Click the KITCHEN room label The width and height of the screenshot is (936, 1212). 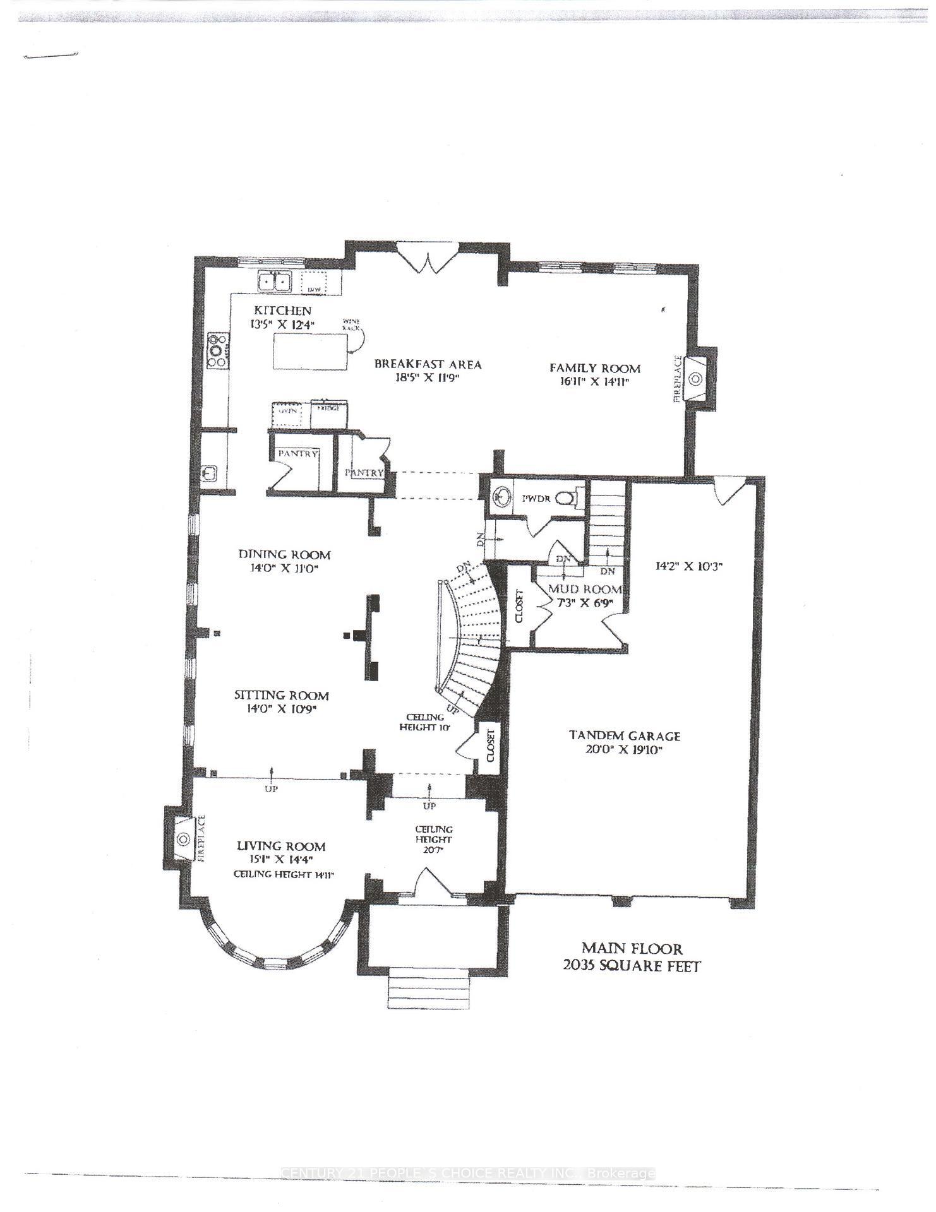pos(282,311)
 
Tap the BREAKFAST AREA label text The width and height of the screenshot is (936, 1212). pos(428,364)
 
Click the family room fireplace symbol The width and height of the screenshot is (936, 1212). pos(695,379)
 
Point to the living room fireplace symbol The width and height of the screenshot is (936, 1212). pos(183,839)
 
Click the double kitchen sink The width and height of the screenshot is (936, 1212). pos(273,281)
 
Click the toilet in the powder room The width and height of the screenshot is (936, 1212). pos(568,498)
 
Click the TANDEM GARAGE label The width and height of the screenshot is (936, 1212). pos(625,735)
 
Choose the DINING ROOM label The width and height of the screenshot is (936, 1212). pos(284,554)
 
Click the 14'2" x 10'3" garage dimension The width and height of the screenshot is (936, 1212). pos(688,566)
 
